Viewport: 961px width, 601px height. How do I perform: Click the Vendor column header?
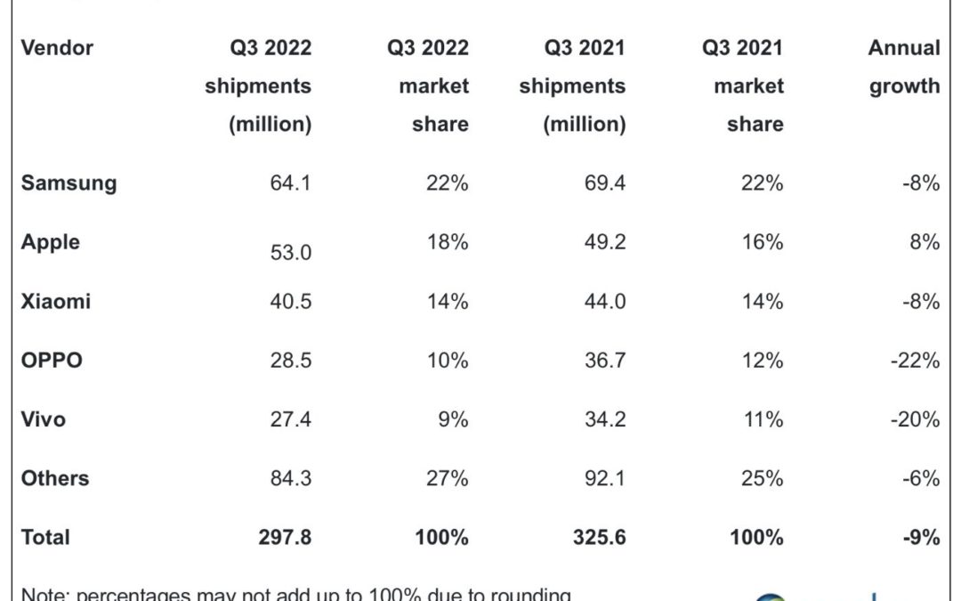pyautogui.click(x=57, y=48)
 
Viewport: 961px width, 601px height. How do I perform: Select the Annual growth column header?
pyautogui.click(x=904, y=67)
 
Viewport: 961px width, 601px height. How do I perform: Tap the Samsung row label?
pyautogui.click(x=69, y=183)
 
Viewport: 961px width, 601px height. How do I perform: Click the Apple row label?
pyautogui.click(x=51, y=242)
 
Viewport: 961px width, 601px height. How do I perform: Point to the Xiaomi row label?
pyautogui.click(x=56, y=301)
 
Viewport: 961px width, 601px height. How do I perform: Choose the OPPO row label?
pyautogui.click(x=52, y=360)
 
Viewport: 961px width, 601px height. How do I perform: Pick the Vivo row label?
pyautogui.click(x=44, y=418)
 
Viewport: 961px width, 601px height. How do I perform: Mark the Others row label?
pyautogui.click(x=55, y=478)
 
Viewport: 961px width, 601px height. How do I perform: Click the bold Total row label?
pyautogui.click(x=45, y=537)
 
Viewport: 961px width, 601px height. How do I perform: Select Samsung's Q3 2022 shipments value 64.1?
pyautogui.click(x=291, y=183)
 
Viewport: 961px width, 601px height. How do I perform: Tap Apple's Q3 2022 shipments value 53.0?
pyautogui.click(x=291, y=253)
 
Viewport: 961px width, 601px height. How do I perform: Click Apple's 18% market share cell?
pyautogui.click(x=447, y=242)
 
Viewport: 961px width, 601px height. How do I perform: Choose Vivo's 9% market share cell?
pyautogui.click(x=453, y=418)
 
